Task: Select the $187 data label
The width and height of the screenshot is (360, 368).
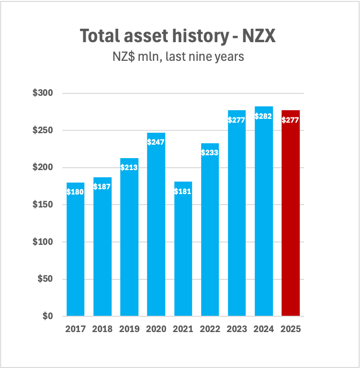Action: pyautogui.click(x=102, y=187)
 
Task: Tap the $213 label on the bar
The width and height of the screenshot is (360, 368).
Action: pyautogui.click(x=129, y=168)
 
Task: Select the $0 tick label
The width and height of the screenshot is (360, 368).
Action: pyautogui.click(x=47, y=316)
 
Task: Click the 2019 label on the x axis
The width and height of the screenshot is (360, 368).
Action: pyautogui.click(x=129, y=329)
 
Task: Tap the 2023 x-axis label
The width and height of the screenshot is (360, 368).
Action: pyautogui.click(x=237, y=329)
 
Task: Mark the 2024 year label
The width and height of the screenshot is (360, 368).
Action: pyautogui.click(x=264, y=329)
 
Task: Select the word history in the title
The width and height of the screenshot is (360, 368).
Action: pyautogui.click(x=199, y=36)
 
